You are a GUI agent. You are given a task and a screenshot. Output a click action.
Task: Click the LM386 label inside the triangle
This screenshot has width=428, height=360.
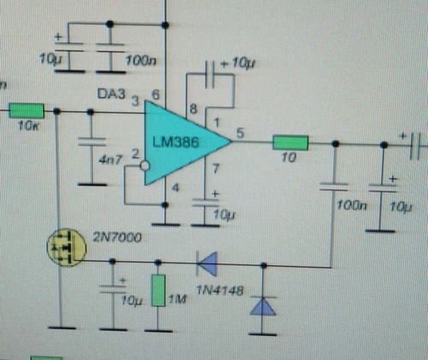tap(175, 142)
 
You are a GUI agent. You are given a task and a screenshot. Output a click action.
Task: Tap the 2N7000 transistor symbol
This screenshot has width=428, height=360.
tap(67, 247)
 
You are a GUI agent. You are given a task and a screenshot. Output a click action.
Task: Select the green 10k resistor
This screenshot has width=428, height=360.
tap(27, 110)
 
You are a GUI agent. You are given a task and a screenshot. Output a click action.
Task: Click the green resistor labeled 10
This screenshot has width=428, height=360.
tap(290, 143)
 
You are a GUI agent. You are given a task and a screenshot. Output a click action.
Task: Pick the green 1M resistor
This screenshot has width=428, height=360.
tap(158, 291)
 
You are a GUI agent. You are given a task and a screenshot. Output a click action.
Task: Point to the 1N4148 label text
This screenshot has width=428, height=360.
tap(220, 291)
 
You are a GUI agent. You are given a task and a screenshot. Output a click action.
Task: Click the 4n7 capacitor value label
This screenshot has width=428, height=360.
tap(110, 160)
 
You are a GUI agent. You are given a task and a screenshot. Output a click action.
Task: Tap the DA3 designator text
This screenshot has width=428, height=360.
tap(111, 94)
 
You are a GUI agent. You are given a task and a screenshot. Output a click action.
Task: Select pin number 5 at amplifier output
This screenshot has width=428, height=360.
tap(241, 133)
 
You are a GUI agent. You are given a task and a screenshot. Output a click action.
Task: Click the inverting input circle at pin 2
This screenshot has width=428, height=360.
tap(145, 166)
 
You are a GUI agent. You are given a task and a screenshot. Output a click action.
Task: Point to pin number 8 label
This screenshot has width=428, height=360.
tap(193, 109)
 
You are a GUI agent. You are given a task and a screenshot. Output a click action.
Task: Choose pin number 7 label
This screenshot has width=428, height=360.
tap(216, 168)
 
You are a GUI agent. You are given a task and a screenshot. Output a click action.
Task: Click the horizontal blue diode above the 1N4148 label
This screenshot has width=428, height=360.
tap(207, 263)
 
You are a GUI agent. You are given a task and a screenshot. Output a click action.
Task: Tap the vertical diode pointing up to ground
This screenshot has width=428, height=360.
tap(263, 306)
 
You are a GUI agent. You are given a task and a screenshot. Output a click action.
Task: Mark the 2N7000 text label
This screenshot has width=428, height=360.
tap(117, 237)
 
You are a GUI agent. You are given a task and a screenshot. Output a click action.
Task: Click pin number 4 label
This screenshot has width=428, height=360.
tap(175, 188)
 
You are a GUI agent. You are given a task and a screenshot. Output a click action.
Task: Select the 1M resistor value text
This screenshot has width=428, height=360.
tap(177, 299)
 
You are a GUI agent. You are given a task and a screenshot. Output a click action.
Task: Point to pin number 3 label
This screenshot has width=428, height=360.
tap(135, 102)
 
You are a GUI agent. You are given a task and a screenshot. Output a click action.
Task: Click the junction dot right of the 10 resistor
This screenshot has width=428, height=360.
tap(336, 144)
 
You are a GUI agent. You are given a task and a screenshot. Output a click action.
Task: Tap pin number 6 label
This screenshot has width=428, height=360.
tap(156, 95)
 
